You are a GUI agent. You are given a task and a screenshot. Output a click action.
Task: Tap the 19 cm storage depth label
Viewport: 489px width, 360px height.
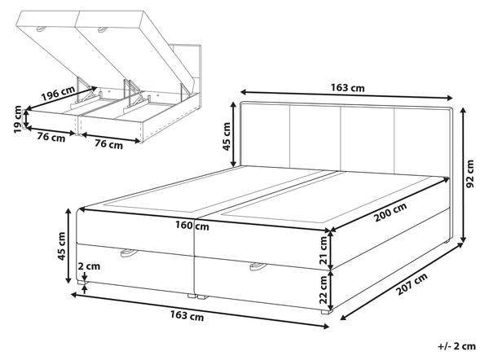tap(18, 119)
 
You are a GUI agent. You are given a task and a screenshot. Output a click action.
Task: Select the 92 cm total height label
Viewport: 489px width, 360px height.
tap(469, 173)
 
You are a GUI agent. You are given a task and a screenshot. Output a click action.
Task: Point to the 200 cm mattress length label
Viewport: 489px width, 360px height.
tap(390, 212)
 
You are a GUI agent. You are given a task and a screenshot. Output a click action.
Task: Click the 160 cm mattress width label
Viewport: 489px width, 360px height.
tap(192, 225)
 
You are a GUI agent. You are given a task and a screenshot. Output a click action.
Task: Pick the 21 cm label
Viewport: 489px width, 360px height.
tap(324, 250)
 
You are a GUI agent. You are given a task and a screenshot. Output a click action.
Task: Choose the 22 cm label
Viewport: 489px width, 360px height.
tap(324, 290)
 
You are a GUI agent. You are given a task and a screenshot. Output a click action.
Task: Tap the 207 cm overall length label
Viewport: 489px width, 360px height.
tap(412, 284)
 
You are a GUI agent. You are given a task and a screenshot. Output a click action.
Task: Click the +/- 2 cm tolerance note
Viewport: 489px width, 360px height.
tap(457, 346)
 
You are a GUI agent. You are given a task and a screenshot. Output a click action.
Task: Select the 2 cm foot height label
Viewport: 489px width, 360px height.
tap(89, 266)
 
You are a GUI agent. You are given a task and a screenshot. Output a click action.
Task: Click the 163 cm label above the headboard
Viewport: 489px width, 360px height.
tap(347, 88)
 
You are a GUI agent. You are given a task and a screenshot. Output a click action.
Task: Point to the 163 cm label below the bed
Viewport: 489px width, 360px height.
tap(187, 316)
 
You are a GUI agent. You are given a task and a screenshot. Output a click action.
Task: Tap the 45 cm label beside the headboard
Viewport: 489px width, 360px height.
tap(227, 136)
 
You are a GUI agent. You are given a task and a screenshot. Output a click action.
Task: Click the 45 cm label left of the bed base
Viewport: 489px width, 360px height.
tap(61, 246)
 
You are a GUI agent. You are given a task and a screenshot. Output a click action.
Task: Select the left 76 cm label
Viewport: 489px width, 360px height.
tap(51, 137)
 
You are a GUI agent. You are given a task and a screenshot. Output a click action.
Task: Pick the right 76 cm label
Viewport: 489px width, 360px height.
tap(108, 144)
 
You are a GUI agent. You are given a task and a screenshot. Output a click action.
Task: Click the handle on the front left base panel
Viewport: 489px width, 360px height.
tap(128, 252)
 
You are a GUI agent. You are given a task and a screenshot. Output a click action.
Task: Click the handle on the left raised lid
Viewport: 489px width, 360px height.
tap(42, 29)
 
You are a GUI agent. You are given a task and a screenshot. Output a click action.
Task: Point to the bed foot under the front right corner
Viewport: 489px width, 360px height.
tap(327, 311)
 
